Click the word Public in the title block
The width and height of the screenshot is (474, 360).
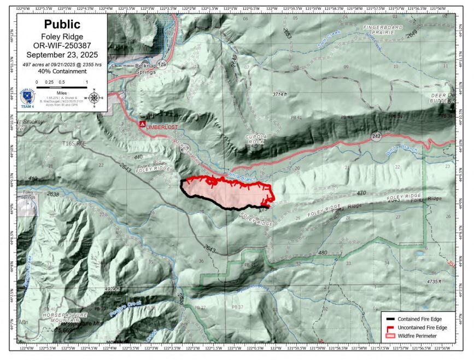click(62, 25)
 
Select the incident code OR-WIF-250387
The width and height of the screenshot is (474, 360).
click(62, 46)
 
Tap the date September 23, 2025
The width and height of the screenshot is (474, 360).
click(62, 55)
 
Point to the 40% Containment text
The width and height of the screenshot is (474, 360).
click(62, 71)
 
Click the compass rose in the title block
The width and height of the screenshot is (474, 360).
click(94, 98)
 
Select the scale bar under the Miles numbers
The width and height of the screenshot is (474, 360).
click(62, 87)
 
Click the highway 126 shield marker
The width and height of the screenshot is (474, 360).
click(162, 64)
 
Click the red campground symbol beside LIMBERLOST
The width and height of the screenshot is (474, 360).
click(142, 125)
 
